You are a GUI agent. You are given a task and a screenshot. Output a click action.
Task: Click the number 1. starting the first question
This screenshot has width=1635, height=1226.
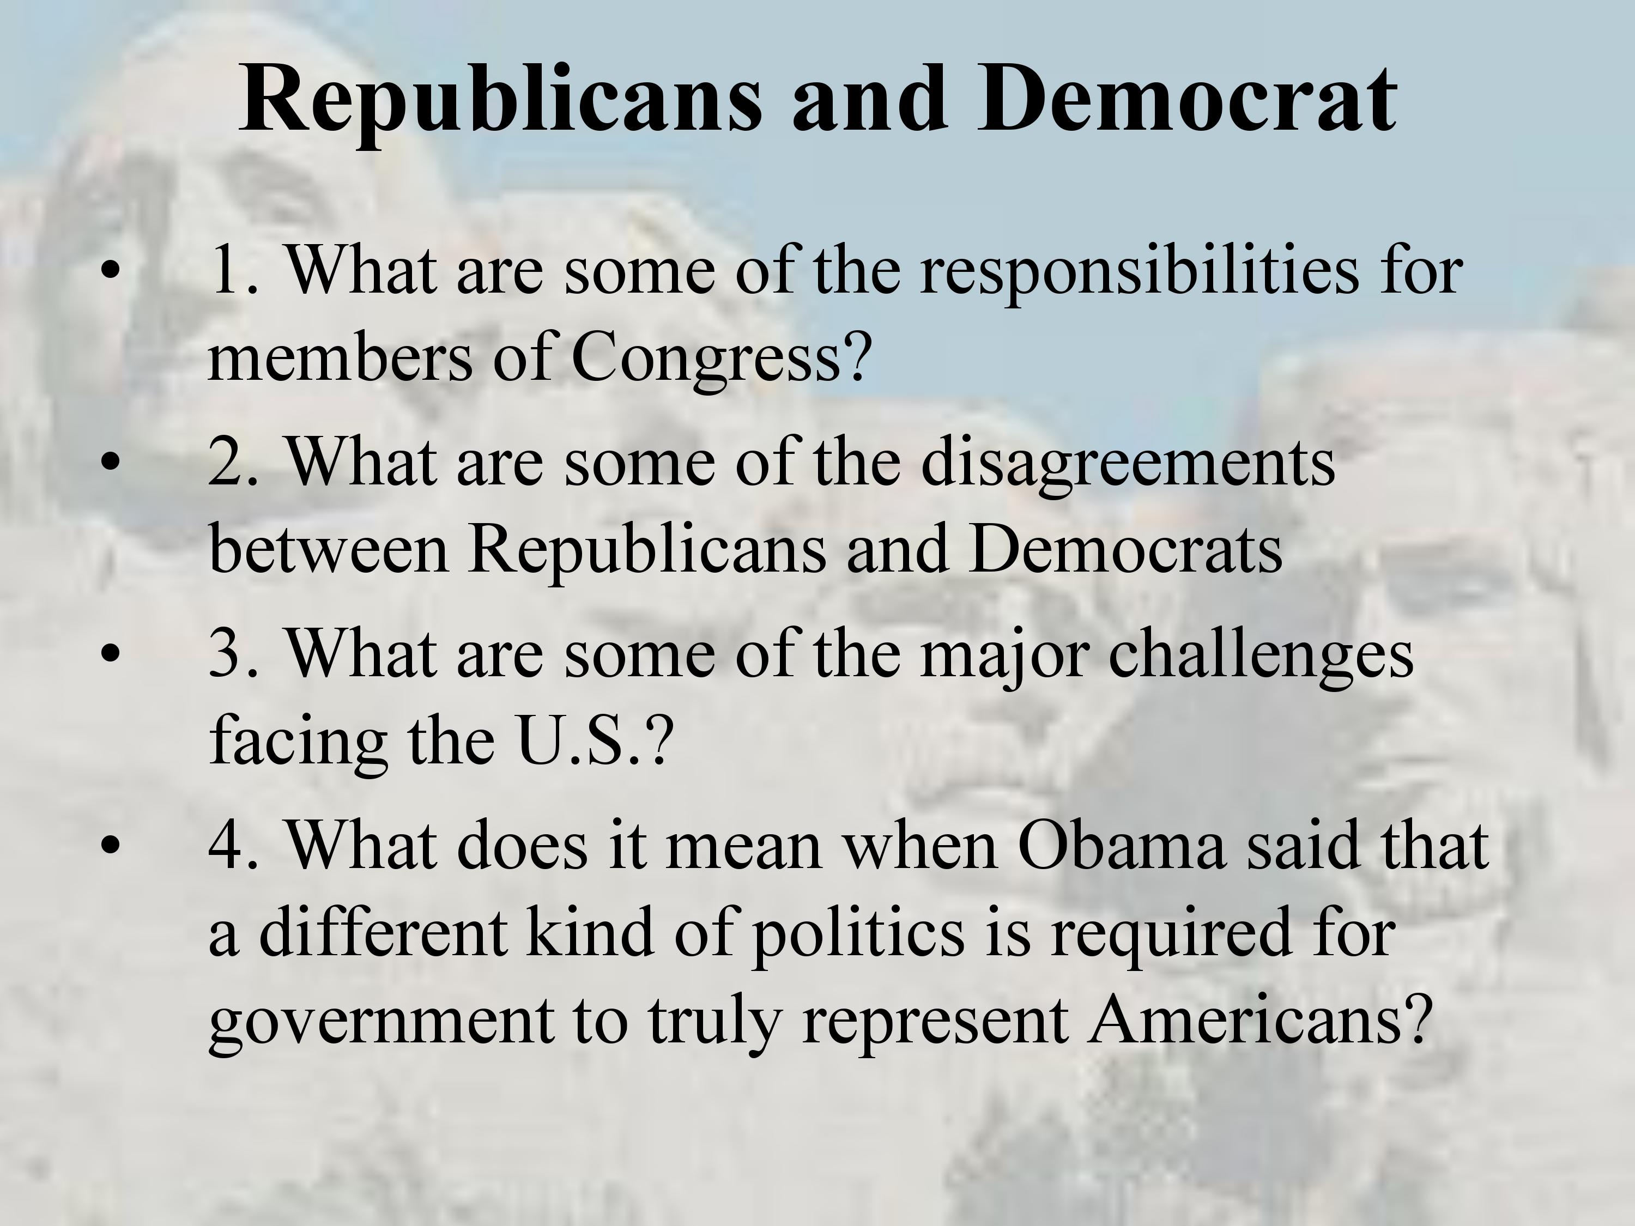[x=234, y=272]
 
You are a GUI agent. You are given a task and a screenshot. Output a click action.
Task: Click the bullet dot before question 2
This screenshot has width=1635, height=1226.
[x=110, y=463]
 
